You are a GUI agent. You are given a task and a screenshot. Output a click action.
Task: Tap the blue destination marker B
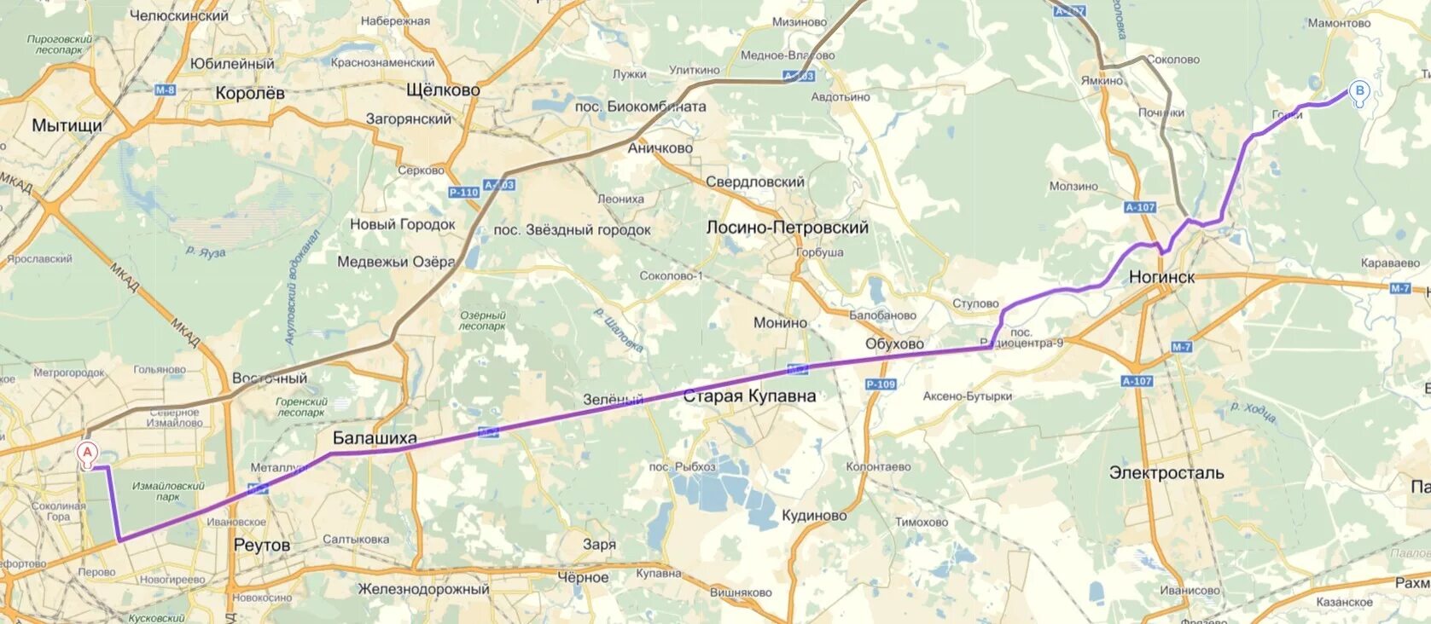tap(1359, 90)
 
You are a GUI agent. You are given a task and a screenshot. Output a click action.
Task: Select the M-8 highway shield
tap(165, 90)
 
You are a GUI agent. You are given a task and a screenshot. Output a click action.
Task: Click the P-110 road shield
tap(463, 193)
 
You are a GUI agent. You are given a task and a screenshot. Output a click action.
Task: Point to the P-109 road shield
tap(881, 384)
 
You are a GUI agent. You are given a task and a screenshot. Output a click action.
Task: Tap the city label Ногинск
tap(1161, 277)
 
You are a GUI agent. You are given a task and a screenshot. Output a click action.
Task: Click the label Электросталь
tap(1166, 472)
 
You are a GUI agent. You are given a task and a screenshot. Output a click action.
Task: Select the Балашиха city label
tap(375, 438)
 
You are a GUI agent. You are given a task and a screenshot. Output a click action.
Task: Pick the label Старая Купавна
tap(749, 396)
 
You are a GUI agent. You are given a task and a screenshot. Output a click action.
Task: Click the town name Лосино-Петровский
tap(787, 228)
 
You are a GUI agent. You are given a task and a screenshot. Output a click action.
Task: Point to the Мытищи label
tap(67, 125)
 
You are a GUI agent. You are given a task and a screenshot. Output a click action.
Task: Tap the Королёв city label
tap(250, 93)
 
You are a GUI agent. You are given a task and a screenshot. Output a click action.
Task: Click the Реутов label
tap(261, 545)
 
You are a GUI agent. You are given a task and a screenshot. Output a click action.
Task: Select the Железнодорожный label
tap(423, 589)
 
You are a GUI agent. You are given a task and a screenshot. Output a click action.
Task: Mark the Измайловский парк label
tap(168, 491)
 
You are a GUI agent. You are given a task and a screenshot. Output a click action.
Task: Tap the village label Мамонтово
tap(1338, 23)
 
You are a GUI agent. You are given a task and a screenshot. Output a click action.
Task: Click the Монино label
tap(780, 322)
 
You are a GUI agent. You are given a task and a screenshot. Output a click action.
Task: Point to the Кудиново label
tap(814, 515)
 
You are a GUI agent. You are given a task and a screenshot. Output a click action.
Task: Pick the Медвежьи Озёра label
tap(396, 262)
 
